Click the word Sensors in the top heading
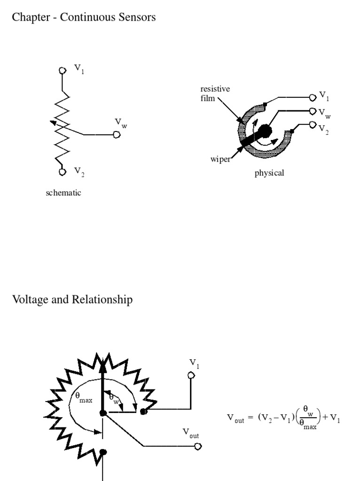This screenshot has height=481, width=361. (x=136, y=18)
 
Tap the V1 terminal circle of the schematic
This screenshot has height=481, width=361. (x=62, y=70)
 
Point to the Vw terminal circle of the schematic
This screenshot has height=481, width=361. (x=117, y=135)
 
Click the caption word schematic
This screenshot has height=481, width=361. (x=63, y=193)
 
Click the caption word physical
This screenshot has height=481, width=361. (x=269, y=173)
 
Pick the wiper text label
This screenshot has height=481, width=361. (x=220, y=159)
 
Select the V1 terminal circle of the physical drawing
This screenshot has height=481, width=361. (x=313, y=97)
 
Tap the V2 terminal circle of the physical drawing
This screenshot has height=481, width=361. (x=313, y=125)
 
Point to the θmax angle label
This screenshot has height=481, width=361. (x=84, y=398)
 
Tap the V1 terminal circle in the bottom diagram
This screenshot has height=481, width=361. (x=191, y=375)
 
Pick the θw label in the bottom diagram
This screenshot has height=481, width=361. (x=114, y=397)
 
